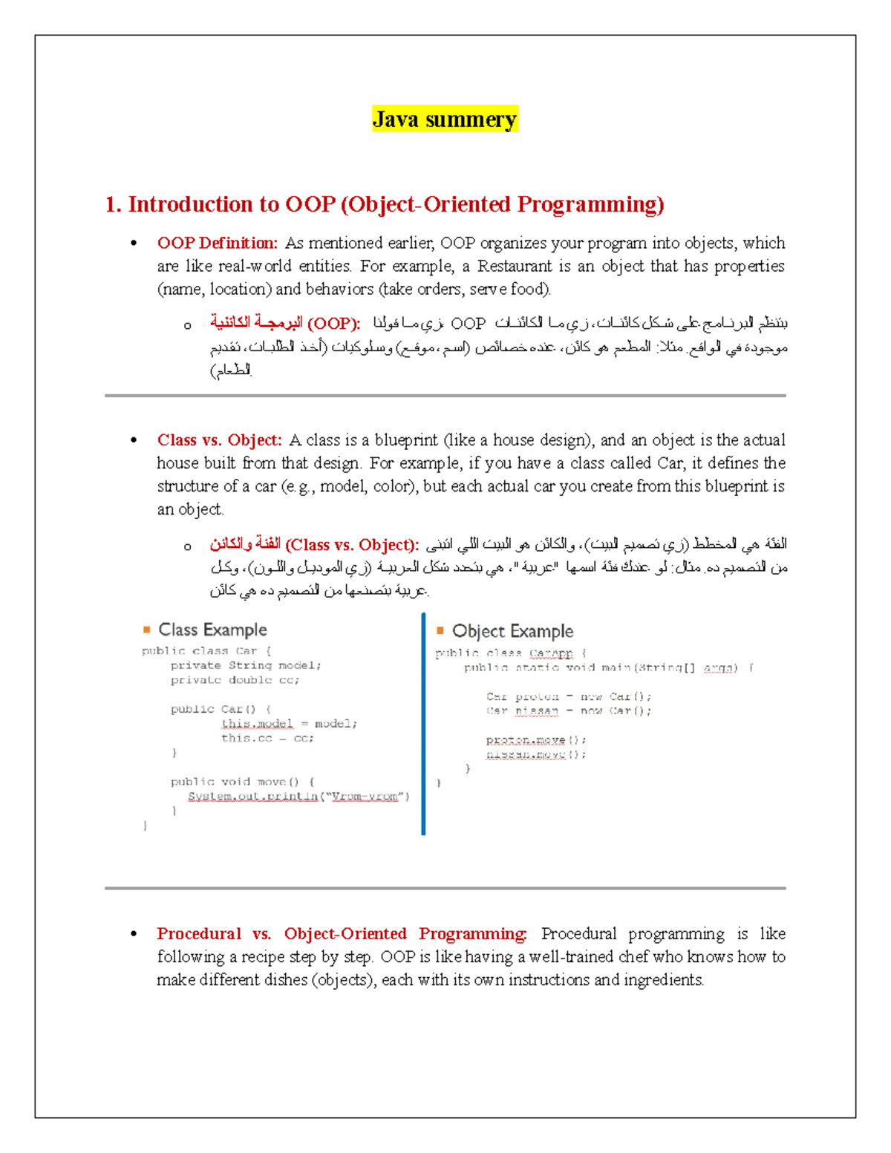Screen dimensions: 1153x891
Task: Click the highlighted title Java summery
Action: coord(444,120)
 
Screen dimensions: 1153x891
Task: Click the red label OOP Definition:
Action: coord(217,243)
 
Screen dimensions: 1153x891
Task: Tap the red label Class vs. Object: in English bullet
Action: coord(219,440)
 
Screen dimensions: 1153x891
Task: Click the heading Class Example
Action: coord(212,630)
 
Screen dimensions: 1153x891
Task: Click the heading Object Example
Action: coord(512,631)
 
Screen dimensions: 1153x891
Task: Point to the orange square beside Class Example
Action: coord(147,630)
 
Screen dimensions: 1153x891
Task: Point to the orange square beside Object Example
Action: coord(440,630)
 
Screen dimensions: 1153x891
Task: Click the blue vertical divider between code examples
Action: coord(423,724)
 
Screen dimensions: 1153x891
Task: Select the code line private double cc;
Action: coord(235,680)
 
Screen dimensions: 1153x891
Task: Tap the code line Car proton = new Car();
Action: coord(569,696)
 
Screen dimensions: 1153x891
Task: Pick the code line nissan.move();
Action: coord(536,754)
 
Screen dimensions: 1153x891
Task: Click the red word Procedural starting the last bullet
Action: coord(198,934)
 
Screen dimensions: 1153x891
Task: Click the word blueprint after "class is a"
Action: coord(406,440)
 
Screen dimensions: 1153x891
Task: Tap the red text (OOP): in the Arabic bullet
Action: coord(333,324)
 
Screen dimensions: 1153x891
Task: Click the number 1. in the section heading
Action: coord(113,205)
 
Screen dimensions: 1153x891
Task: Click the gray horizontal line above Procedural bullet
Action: coord(446,888)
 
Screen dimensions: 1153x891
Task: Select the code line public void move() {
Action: coord(242,782)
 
